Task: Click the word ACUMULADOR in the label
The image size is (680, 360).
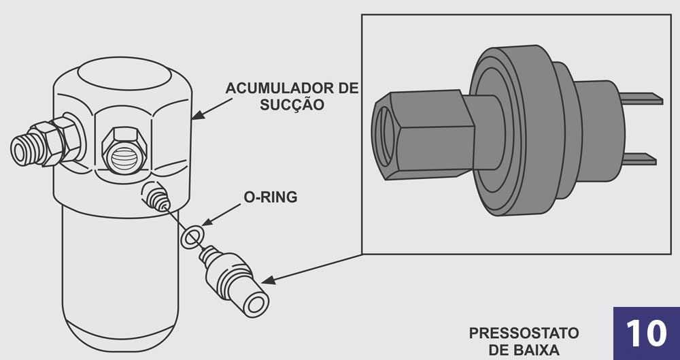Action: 279,88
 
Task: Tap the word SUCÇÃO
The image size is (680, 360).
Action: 292,105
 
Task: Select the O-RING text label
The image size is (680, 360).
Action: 271,197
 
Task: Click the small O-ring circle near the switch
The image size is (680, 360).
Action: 191,237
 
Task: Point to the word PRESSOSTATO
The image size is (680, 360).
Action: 524,333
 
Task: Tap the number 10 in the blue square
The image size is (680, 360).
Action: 646,333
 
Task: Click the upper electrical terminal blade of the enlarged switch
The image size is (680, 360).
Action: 641,99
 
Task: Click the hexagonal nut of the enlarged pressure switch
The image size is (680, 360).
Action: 423,135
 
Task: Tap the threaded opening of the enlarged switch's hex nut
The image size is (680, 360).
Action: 385,136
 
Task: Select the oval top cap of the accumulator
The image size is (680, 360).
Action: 125,73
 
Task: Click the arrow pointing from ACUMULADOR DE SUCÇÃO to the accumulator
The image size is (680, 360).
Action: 212,109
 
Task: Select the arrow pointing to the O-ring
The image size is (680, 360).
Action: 221,214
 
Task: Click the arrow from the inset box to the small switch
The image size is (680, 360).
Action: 311,269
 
